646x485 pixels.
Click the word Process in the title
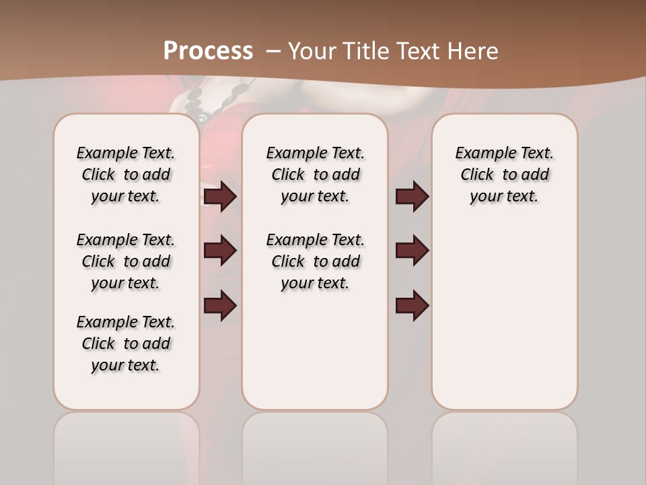click(208, 51)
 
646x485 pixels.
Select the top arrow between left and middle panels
click(220, 197)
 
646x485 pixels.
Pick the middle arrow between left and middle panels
click(220, 251)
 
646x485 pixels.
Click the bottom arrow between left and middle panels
click(220, 306)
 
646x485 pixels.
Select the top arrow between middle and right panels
click(412, 197)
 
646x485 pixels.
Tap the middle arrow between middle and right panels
click(412, 251)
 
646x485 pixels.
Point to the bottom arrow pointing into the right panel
click(412, 306)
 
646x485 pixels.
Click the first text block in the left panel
click(126, 174)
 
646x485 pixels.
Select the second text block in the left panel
click(126, 261)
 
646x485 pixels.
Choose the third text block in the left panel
click(126, 344)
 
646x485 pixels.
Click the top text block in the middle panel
click(315, 174)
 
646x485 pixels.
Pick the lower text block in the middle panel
click(315, 261)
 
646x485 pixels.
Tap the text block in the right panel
click(504, 174)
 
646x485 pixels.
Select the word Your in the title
click(313, 51)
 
